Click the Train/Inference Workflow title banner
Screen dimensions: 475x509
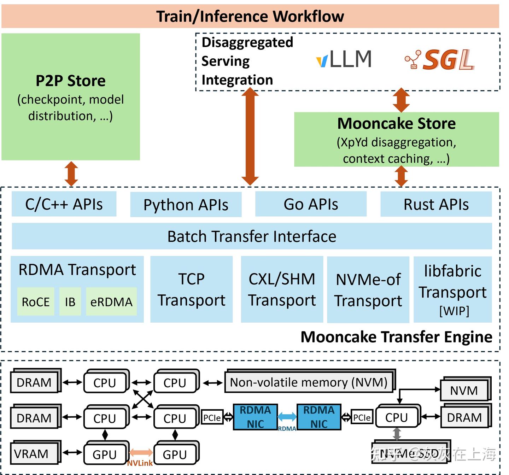(250, 16)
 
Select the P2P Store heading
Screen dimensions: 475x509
(71, 81)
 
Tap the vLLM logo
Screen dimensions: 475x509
(344, 59)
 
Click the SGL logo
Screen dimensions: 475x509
(440, 59)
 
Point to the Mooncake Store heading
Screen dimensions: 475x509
(396, 124)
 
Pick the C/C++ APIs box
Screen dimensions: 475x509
(64, 204)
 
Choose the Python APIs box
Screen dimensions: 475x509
(186, 205)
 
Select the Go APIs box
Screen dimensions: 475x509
(311, 204)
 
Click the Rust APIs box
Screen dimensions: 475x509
(436, 204)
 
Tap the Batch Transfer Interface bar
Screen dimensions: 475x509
(252, 236)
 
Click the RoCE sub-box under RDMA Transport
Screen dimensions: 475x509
(36, 301)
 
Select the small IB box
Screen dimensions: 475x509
(70, 301)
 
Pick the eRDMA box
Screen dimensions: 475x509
(111, 301)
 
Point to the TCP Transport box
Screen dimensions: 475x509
(191, 289)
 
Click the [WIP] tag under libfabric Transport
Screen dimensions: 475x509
(454, 311)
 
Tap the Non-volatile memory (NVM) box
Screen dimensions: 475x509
(309, 382)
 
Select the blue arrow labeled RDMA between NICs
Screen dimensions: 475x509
(287, 417)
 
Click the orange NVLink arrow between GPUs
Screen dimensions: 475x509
(141, 453)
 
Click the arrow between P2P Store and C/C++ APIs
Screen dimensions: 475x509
(71, 174)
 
